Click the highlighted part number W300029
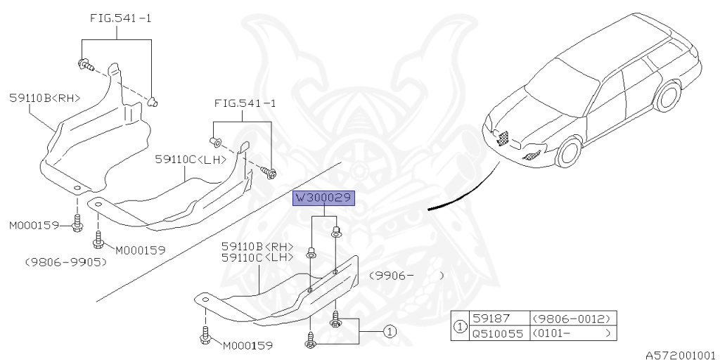[323, 198]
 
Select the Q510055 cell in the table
[499, 333]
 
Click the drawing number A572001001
[682, 355]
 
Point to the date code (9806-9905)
[67, 262]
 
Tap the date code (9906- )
[407, 276]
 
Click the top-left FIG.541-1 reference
[120, 19]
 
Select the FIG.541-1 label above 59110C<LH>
[245, 104]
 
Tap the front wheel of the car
[569, 153]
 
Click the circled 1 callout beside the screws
[389, 331]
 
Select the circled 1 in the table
[460, 326]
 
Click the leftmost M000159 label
[34, 226]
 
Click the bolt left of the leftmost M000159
[77, 222]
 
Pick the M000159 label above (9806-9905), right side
[140, 251]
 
